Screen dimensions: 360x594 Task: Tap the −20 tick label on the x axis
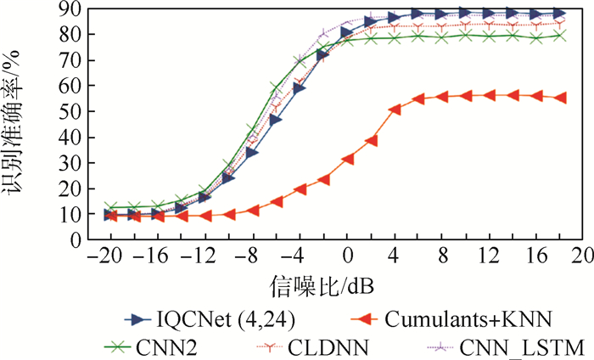(108, 255)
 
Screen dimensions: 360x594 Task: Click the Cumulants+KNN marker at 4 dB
(395, 110)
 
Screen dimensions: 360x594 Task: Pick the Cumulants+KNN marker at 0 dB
(347, 159)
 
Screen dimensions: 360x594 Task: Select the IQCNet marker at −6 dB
(276, 120)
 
